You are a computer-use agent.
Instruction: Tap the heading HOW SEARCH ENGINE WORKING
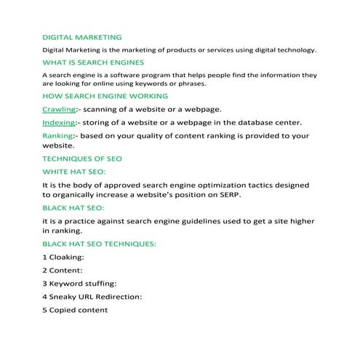pyautogui.click(x=105, y=96)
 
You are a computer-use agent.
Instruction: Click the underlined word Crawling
pyautogui.click(x=59, y=109)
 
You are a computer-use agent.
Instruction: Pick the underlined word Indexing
pyautogui.click(x=59, y=122)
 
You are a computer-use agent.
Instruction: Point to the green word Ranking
pyautogui.click(x=57, y=136)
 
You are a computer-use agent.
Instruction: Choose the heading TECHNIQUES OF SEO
pyautogui.click(x=82, y=159)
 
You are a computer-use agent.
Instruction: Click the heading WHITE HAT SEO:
pyautogui.click(x=74, y=172)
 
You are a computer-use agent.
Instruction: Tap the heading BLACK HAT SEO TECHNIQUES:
pyautogui.click(x=100, y=244)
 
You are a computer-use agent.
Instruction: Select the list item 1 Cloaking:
pyautogui.click(x=64, y=257)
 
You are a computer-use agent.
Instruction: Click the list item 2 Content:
pyautogui.click(x=63, y=271)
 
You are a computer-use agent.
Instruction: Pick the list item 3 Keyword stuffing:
pyautogui.click(x=79, y=284)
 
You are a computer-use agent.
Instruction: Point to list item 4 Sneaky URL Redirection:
pyautogui.click(x=92, y=297)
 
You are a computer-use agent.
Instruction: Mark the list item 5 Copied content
pyautogui.click(x=75, y=310)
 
